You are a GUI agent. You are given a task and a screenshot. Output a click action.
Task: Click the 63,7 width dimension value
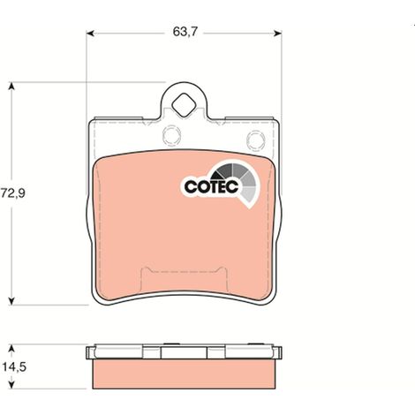(x=185, y=32)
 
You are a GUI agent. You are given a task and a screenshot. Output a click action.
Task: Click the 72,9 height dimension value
(x=13, y=193)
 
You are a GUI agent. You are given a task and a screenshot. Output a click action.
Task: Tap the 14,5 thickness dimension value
(x=14, y=367)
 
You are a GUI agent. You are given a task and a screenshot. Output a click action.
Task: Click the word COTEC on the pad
(x=211, y=186)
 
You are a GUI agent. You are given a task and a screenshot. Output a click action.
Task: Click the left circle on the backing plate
(x=171, y=135)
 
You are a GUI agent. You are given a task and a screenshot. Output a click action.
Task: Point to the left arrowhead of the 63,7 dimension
(x=90, y=34)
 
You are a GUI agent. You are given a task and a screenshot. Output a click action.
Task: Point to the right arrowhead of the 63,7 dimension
(x=277, y=34)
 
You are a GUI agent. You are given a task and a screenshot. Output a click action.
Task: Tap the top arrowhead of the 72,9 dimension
(x=11, y=86)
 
